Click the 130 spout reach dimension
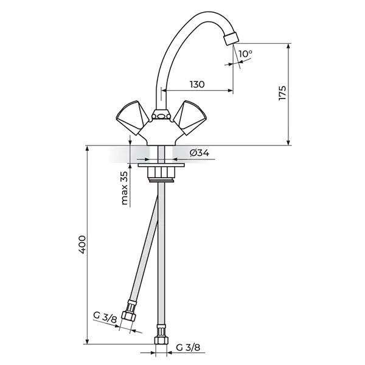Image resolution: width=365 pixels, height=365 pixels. coord(197,85)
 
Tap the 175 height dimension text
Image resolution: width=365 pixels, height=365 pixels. coord(282,93)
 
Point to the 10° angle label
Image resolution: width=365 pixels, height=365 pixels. coord(245,54)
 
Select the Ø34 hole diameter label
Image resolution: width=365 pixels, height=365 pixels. coord(200,153)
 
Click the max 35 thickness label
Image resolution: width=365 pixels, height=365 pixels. coord(124,188)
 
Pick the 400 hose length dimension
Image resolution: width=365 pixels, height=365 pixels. coord(82,245)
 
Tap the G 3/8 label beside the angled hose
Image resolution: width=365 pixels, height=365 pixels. coord(105,318)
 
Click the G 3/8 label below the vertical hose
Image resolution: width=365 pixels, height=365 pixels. coord(188,347)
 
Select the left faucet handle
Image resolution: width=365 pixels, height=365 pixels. coord(133,117)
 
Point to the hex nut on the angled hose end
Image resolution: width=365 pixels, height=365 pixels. coord(128,316)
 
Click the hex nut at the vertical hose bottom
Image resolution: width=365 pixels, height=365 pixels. coord(161,341)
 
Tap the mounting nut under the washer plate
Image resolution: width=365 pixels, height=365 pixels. coord(161,173)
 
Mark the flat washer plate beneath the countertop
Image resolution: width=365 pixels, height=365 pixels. coord(161,165)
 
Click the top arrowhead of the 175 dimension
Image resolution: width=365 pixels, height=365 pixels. coord(288,46)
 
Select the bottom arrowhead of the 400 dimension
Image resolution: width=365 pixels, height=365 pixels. coord(87,341)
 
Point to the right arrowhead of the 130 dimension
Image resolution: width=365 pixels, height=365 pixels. coord(230,91)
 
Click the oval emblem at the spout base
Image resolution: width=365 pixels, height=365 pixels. coord(161,116)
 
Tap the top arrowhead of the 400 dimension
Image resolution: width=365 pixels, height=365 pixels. coord(87,149)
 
